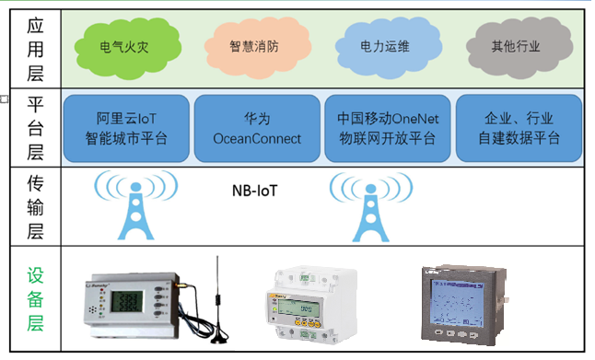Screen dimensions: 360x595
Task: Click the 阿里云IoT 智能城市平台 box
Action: (x=127, y=129)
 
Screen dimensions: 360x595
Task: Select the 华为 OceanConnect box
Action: (x=257, y=129)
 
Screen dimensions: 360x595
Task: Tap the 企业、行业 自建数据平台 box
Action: (x=519, y=129)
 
